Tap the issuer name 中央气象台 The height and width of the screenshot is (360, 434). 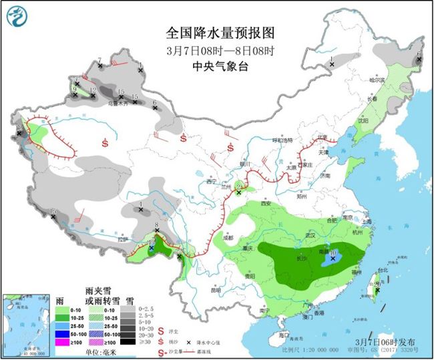click(220, 66)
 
